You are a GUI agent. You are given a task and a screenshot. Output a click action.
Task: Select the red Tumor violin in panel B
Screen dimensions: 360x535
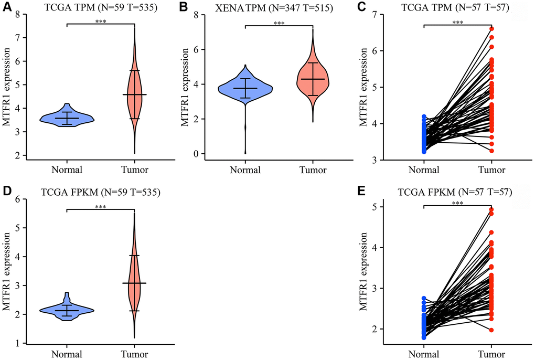click(x=313, y=79)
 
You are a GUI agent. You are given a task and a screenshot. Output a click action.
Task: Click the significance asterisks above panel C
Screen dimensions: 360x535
click(x=458, y=23)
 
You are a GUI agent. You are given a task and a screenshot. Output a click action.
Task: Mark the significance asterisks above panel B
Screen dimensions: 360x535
click(x=279, y=23)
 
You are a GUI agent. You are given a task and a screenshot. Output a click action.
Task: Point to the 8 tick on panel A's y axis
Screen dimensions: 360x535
click(x=22, y=15)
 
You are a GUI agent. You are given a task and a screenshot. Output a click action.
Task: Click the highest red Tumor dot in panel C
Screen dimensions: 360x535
click(x=491, y=29)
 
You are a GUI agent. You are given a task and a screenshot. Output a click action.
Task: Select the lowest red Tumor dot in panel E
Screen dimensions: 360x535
click(x=491, y=330)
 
